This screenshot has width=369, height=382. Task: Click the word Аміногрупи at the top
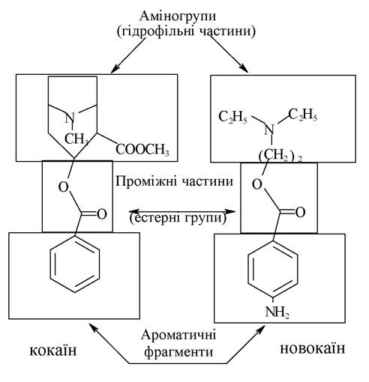[178, 16]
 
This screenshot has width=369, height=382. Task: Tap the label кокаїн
[53, 350]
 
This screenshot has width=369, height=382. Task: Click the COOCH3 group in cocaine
[142, 150]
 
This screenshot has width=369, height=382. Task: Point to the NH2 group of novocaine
[277, 312]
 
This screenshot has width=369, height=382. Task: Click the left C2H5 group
[232, 117]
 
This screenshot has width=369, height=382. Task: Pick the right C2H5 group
[302, 115]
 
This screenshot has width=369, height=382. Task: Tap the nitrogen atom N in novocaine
[269, 130]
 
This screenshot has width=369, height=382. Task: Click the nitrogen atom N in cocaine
[70, 118]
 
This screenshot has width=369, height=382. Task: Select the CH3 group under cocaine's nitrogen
[76, 139]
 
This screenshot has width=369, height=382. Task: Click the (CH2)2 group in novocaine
[280, 155]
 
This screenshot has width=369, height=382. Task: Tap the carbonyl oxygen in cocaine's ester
[102, 214]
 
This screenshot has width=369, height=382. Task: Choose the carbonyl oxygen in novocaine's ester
[300, 213]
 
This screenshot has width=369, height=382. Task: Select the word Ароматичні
[178, 335]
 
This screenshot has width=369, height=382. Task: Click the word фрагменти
[178, 352]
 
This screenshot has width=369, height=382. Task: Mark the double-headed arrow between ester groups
[182, 212]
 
